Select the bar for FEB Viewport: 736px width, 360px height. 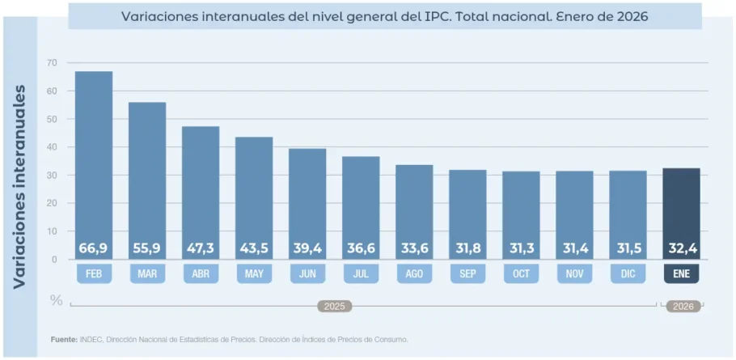pos(94,162)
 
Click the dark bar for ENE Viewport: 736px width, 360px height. pos(681,210)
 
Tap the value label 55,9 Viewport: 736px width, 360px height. pos(147,248)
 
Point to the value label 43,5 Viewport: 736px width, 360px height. pos(254,248)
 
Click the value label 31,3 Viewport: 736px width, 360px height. pos(521,248)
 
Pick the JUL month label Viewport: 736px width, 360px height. pos(361,274)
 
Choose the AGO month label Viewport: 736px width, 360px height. pos(414,274)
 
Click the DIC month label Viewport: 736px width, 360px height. pos(628,274)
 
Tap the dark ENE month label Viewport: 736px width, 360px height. pos(681,274)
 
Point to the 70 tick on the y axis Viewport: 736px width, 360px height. pos(52,63)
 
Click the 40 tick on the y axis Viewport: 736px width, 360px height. pos(52,147)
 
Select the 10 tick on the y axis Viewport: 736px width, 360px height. pos(52,231)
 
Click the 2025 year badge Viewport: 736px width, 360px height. pos(333,307)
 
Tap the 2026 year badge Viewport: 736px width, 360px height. pos(683,307)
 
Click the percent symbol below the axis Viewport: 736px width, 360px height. pos(56,300)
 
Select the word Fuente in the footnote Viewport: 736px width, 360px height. pos(64,339)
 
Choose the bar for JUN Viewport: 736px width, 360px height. pos(307,202)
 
